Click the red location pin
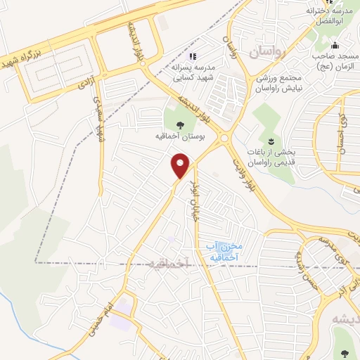click(x=181, y=166)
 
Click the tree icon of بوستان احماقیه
click(x=180, y=125)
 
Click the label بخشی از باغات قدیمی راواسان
click(x=270, y=156)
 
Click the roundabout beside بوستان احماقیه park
click(x=226, y=138)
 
